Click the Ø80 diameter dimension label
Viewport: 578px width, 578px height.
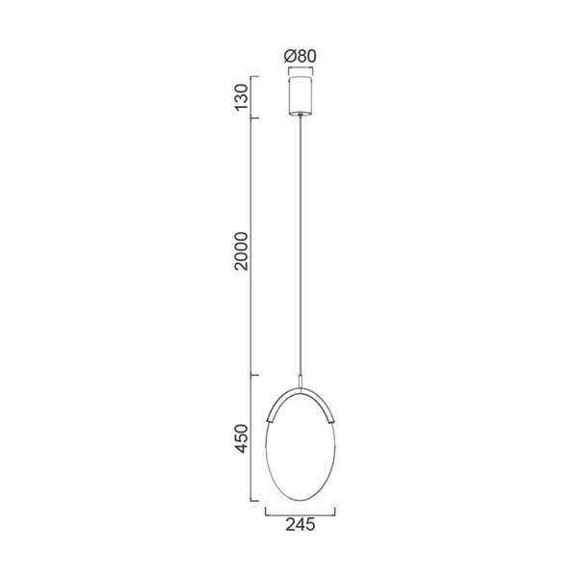coord(301,56)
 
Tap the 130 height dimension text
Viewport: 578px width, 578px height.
coord(242,96)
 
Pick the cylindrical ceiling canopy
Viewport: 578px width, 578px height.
coord(302,95)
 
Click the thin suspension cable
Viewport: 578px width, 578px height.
coord(302,241)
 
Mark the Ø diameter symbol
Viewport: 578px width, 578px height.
coord(290,56)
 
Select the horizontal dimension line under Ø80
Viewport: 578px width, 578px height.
coord(302,68)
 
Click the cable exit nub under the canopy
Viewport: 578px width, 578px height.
coord(302,117)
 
